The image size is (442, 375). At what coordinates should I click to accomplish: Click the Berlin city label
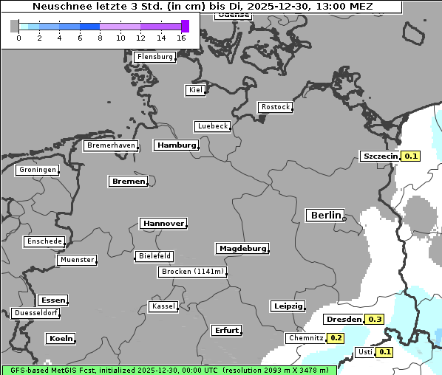324,215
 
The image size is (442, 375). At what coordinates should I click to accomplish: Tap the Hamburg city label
177,145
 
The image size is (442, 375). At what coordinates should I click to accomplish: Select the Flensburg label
155,57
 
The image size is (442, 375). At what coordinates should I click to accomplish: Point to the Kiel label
195,90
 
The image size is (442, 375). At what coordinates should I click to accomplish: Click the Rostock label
275,107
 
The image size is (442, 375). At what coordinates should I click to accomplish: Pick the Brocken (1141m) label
191,272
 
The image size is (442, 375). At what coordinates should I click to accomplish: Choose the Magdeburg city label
242,249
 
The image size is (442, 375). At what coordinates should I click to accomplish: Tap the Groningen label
37,170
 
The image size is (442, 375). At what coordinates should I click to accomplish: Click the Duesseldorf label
36,313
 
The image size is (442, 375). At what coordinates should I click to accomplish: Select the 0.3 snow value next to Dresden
375,320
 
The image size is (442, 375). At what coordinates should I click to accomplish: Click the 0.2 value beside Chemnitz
336,338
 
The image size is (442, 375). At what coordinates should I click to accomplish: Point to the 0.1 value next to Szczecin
411,156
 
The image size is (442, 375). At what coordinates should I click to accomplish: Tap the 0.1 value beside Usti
385,352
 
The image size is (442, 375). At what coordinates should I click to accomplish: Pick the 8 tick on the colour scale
100,38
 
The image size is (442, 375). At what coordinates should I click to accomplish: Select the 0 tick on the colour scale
18,38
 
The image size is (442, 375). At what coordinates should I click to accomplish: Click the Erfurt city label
226,330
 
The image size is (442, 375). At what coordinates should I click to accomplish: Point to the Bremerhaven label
111,145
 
